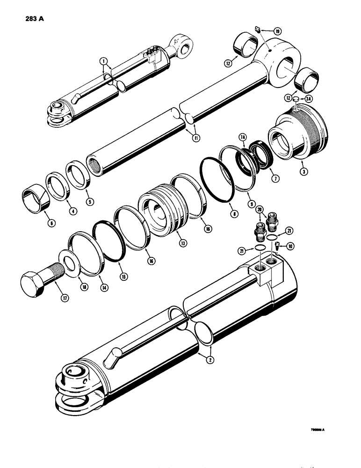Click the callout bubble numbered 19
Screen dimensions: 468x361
(277, 31)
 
